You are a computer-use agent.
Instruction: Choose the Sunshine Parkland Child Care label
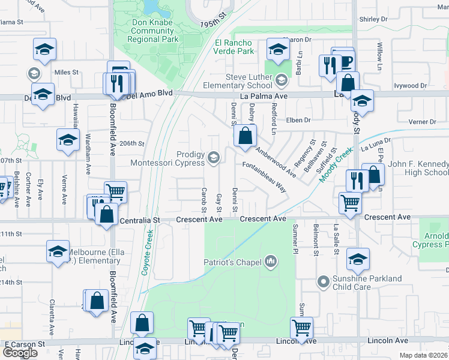click(x=368, y=283)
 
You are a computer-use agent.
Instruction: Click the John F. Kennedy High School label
click(x=418, y=168)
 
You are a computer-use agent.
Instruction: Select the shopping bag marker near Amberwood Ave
click(x=245, y=136)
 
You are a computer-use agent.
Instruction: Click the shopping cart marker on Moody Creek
click(x=350, y=202)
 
